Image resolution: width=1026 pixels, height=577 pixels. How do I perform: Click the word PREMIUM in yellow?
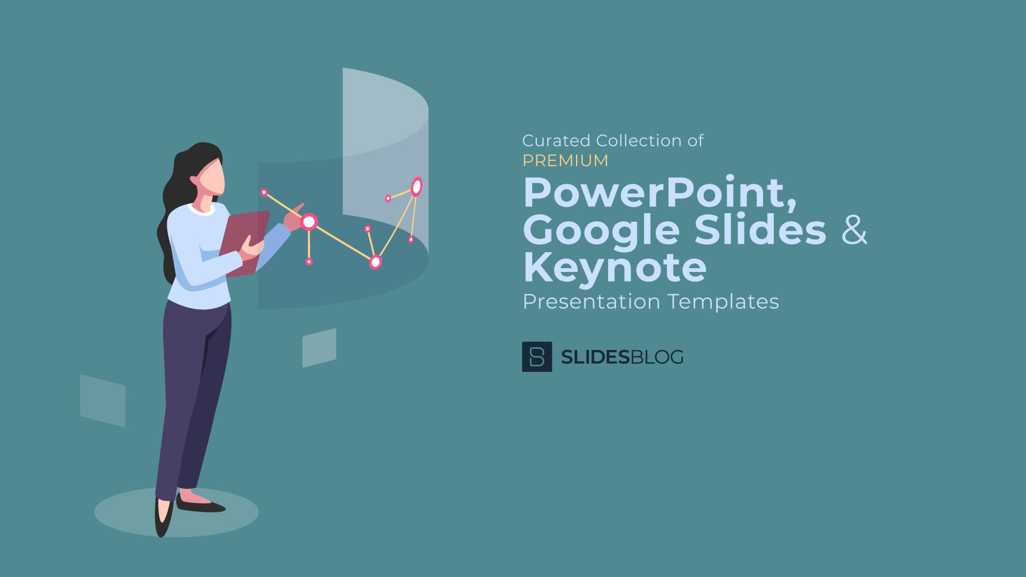coord(565,160)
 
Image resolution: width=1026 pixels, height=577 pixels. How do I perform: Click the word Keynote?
coord(615,267)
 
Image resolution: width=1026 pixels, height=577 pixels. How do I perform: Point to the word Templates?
coord(724,302)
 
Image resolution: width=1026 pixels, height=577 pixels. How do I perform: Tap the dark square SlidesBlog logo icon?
coord(537,356)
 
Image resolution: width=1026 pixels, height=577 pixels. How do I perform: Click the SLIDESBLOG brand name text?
coord(623,357)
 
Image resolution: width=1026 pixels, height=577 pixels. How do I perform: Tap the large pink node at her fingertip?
coord(309,222)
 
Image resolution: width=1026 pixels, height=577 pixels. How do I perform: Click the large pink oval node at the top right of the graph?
coord(417,187)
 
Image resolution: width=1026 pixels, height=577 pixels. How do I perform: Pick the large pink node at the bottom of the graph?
coord(376,262)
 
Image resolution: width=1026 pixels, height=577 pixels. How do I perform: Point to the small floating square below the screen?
coord(319,348)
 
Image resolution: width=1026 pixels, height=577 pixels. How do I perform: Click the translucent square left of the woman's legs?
coord(103,401)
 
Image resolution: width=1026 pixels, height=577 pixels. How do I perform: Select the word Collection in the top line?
coord(639,141)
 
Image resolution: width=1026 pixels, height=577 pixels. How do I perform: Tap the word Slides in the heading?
coord(760,229)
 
